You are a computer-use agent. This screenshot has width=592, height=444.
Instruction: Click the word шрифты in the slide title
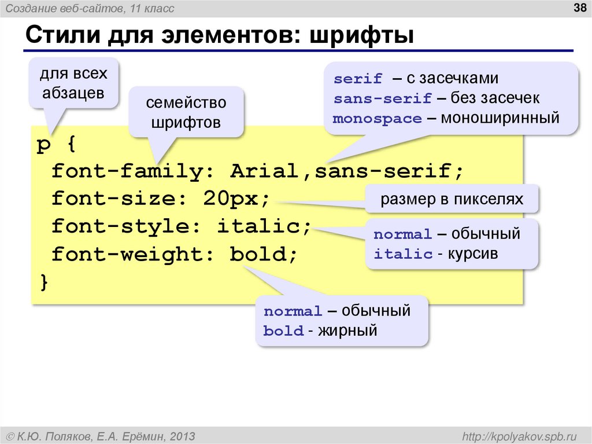click(362, 36)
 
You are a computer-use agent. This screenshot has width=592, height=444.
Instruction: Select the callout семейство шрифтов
click(186, 113)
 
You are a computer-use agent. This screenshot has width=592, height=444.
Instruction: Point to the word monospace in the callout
click(378, 119)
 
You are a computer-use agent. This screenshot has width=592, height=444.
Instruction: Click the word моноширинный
click(500, 118)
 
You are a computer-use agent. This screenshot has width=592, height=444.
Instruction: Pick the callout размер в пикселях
click(452, 200)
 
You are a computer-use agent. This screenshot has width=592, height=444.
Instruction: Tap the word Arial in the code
click(264, 172)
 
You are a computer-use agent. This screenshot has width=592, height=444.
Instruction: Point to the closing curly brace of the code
click(44, 282)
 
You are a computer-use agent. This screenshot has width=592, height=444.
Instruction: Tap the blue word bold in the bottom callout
click(283, 331)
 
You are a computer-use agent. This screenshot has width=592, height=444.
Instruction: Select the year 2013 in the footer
click(182, 435)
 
